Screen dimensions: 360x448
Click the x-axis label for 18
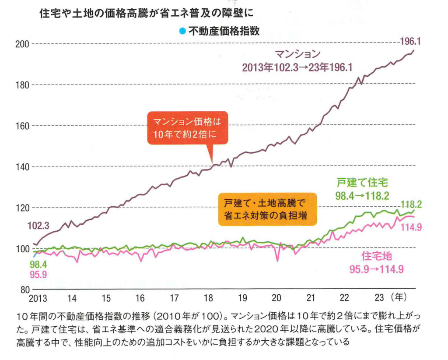pos(208,298)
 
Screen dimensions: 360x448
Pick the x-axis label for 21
pos(311,298)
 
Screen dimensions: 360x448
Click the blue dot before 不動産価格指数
pos(182,31)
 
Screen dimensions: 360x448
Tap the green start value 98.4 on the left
pos(38,265)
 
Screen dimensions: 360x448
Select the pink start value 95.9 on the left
pos(38,275)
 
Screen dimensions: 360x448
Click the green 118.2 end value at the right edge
pos(412,204)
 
